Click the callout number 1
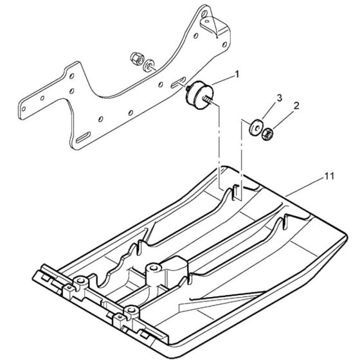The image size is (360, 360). click(237, 75)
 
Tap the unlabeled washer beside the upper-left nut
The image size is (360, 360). click(148, 65)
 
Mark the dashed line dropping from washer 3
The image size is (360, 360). click(242, 154)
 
